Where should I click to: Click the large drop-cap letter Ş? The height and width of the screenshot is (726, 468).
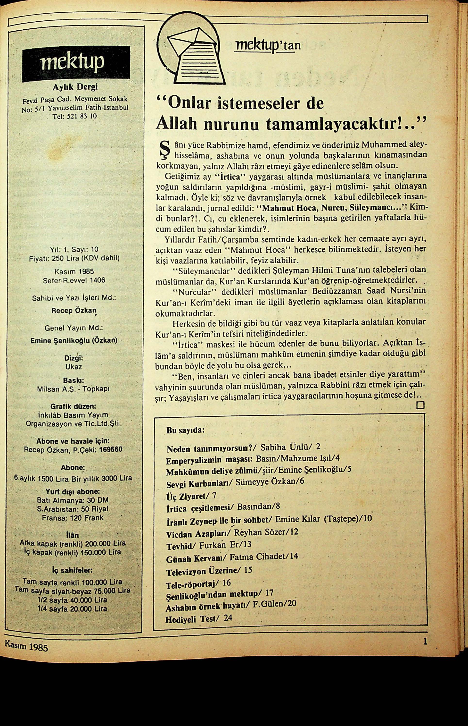(x=164, y=152)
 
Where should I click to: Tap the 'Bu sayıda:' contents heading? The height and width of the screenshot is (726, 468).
(x=185, y=431)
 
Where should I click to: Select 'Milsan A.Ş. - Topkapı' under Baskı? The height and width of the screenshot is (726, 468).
(x=73, y=389)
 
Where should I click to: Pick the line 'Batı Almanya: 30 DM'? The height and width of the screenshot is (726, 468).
(x=73, y=500)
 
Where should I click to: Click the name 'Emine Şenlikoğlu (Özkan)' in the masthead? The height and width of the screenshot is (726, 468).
(x=74, y=341)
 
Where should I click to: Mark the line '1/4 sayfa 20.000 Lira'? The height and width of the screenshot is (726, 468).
(x=72, y=608)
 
